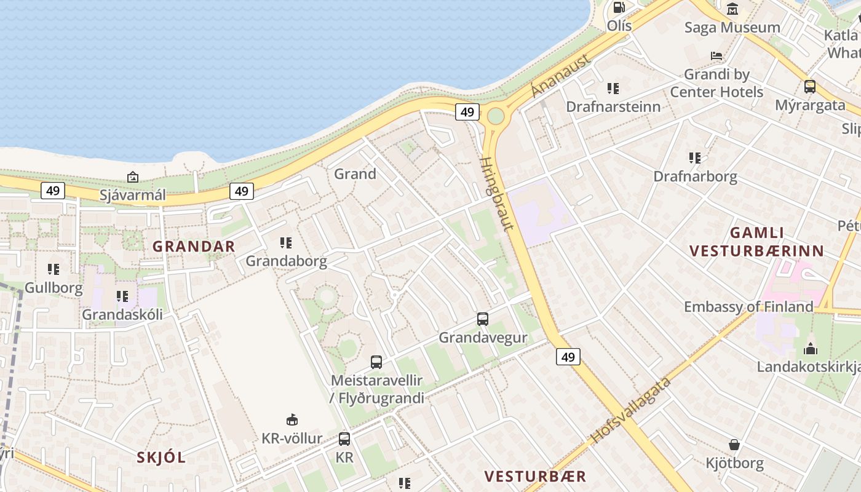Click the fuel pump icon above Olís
(619, 8)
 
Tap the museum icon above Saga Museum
(732, 9)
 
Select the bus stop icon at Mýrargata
(810, 87)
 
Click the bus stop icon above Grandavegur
(483, 319)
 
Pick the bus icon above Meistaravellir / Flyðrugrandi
(376, 362)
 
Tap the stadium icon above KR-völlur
(292, 420)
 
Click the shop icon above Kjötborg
(734, 445)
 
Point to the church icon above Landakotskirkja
(811, 349)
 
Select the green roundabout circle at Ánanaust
(496, 116)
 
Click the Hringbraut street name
(496, 194)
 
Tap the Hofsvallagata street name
(632, 410)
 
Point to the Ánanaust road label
(560, 76)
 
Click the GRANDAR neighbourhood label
(194, 247)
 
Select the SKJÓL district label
(161, 458)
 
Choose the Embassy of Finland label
(748, 306)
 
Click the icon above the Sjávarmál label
(133, 178)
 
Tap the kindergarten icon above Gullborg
(54, 269)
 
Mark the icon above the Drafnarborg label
(695, 158)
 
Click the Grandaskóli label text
(122, 314)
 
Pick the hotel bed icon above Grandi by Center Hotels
(716, 56)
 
